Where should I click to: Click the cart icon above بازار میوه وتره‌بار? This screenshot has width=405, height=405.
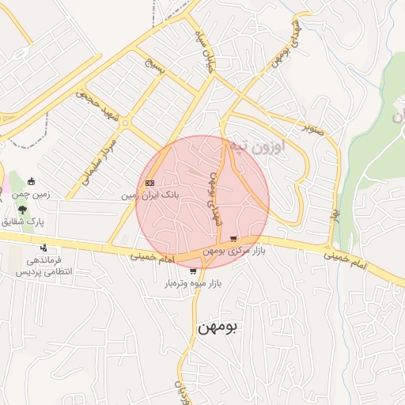pyautogui.click(x=194, y=271)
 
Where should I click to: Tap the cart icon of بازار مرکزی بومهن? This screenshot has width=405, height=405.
pyautogui.click(x=233, y=239)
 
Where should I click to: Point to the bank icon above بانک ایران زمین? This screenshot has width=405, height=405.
pyautogui.click(x=150, y=183)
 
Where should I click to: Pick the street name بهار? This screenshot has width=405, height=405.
pyautogui.click(x=335, y=215)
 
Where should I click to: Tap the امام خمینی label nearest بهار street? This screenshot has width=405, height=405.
pyautogui.click(x=346, y=256)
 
